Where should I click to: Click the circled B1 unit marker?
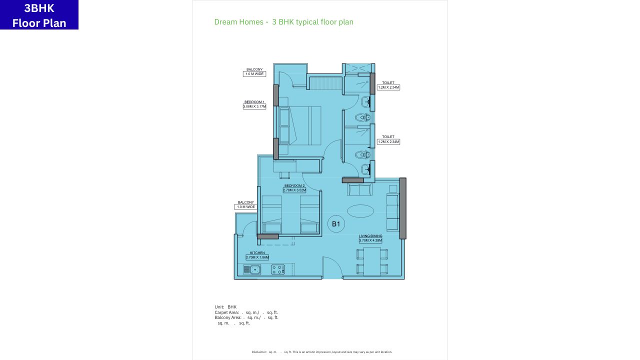[336, 224]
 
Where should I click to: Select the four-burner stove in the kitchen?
[278, 269]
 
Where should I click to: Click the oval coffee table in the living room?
[360, 211]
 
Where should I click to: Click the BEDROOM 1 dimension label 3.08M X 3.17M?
[254, 106]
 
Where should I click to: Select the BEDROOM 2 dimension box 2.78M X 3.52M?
[294, 190]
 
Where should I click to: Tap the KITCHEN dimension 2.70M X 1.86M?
[257, 257]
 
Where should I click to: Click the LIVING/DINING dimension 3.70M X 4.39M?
[370, 240]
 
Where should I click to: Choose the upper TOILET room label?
[388, 82]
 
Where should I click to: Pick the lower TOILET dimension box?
[388, 142]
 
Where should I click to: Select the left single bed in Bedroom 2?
[271, 214]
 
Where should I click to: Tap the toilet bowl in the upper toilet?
[361, 118]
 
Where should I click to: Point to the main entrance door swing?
[332, 268]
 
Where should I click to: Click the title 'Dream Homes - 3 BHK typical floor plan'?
[283, 22]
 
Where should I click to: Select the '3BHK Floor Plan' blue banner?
[39, 15]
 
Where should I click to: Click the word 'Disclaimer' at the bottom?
[258, 352]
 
